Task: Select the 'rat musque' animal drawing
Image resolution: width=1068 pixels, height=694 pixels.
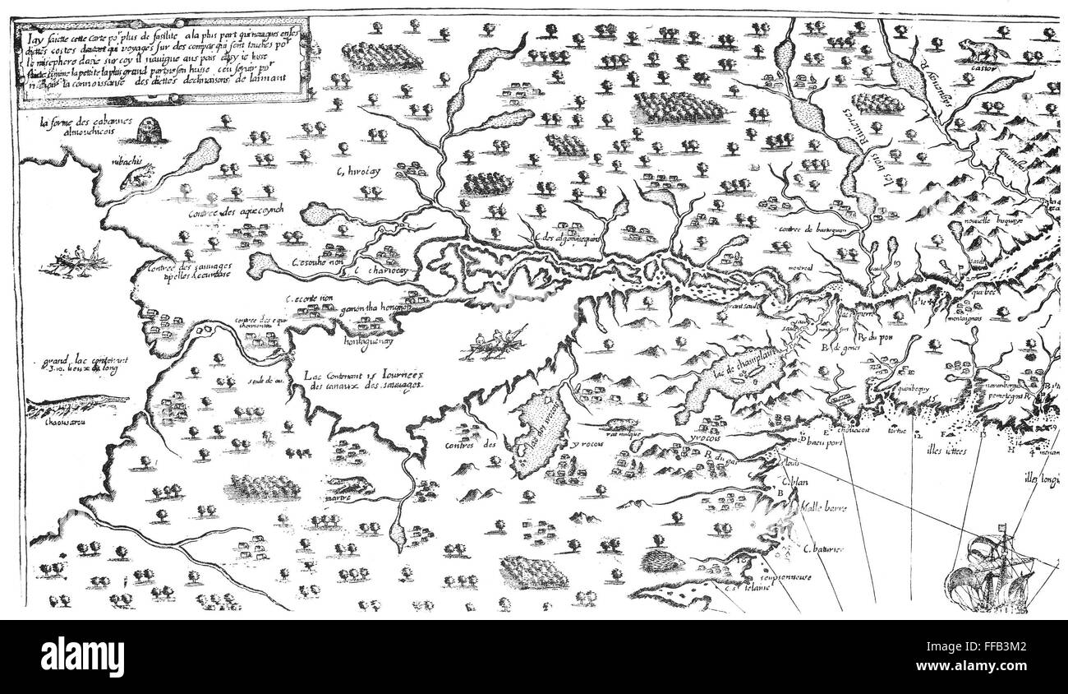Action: click(x=622, y=426)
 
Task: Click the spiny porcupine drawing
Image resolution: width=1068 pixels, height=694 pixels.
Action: click(x=664, y=564)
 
